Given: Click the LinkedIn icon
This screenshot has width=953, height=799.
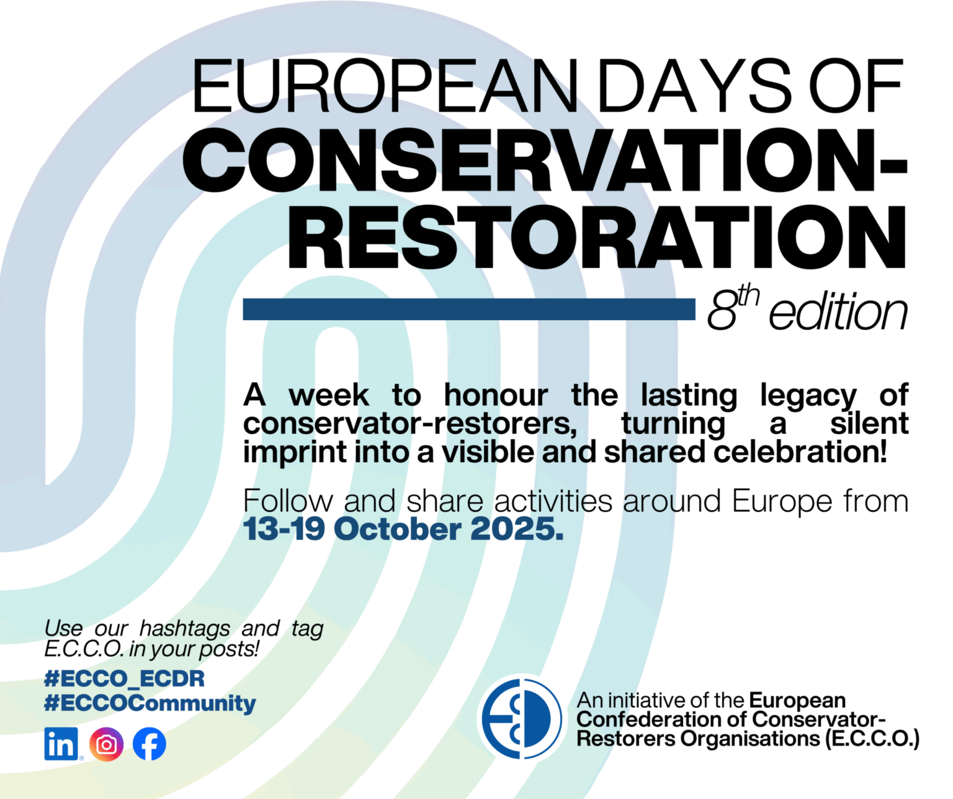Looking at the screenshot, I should pyautogui.click(x=61, y=744).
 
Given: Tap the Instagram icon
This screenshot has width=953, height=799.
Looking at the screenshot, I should pyautogui.click(x=106, y=744).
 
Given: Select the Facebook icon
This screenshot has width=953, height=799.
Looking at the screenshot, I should pyautogui.click(x=150, y=744).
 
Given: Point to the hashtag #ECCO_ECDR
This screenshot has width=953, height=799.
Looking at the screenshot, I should pyautogui.click(x=124, y=679).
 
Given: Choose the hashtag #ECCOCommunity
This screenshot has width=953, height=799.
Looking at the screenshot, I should pyautogui.click(x=150, y=703).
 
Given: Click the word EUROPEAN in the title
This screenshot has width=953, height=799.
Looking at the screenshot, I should pyautogui.click(x=385, y=87).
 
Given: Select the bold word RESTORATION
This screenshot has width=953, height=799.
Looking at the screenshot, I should pyautogui.click(x=596, y=238).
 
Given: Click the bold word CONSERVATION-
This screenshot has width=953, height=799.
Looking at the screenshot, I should pyautogui.click(x=545, y=161).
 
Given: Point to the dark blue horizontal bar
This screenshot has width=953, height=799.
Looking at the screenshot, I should pyautogui.click(x=468, y=309).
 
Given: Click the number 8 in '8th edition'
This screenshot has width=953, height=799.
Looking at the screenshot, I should pyautogui.click(x=722, y=312).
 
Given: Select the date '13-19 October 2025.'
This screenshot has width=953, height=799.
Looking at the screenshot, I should pyautogui.click(x=403, y=529).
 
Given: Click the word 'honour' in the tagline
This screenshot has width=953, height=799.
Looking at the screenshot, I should pyautogui.click(x=496, y=395).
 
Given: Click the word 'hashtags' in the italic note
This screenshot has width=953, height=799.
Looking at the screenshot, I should pyautogui.click(x=184, y=628).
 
